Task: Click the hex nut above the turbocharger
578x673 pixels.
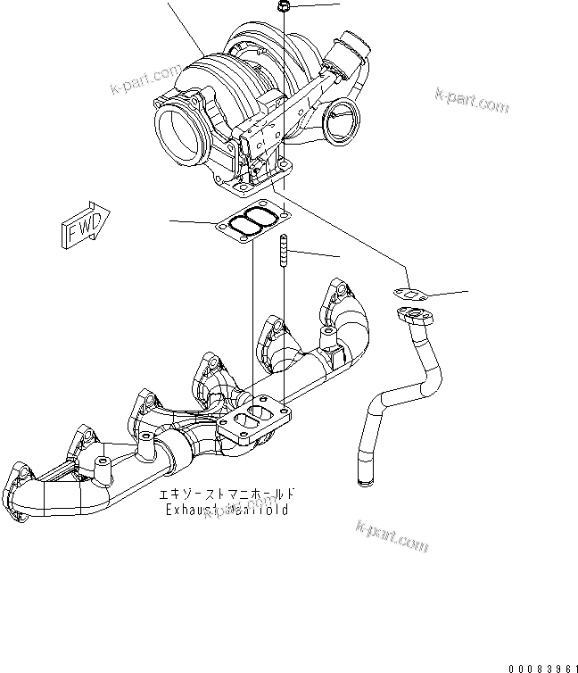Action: (x=283, y=7)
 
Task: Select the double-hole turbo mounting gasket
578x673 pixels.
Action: (x=251, y=222)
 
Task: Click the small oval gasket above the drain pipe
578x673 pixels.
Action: (x=409, y=293)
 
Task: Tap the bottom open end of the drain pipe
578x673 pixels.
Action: (x=362, y=482)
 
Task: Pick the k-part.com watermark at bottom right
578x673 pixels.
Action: (x=392, y=537)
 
